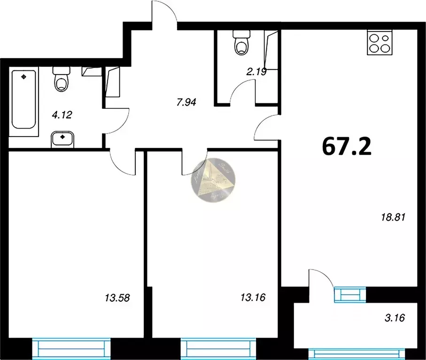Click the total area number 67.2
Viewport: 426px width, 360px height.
[x=347, y=146]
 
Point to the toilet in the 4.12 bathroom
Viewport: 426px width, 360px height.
[x=62, y=80]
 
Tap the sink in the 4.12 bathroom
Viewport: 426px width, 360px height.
[x=62, y=139]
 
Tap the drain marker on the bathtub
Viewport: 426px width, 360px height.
[x=24, y=75]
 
